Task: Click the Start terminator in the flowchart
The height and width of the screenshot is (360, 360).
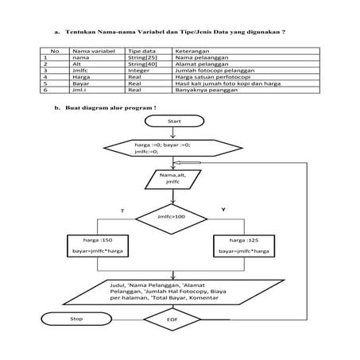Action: (x=175, y=121)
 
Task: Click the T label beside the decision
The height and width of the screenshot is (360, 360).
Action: (x=122, y=209)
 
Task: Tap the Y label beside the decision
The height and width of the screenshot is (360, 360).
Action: (x=223, y=209)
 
